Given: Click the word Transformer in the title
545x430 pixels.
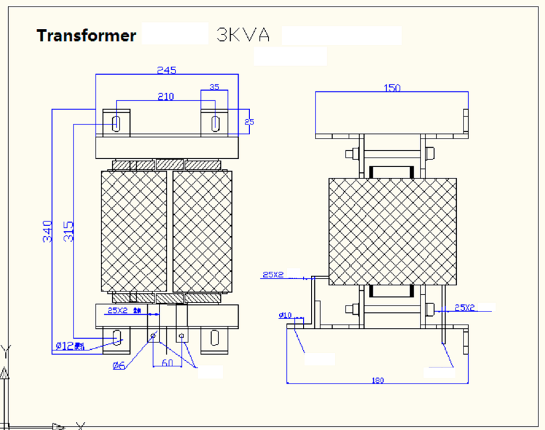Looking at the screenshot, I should pos(86,35).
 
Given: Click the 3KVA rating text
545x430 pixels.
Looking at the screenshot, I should pos(243,35).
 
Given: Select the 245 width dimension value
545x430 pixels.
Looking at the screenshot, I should pos(166,70).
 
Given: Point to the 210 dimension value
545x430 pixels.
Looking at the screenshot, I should pos(166,97).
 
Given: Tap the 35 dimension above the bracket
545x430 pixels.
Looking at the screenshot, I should pos(214,87).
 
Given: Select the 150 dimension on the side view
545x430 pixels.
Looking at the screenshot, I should pos(392,87).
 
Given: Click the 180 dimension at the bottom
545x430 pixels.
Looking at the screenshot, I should pos(377,381).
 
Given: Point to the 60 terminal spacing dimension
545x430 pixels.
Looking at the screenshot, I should pos(167,363).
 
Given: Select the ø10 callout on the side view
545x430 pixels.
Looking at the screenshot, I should pos(285,315).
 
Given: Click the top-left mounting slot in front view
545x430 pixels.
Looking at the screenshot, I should pos(117,123).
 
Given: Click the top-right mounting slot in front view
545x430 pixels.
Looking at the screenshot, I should pos(215,123).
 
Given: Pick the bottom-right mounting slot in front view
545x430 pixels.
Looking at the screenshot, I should pos(215,338).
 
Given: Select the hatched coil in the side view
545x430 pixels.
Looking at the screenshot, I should pos(393,231).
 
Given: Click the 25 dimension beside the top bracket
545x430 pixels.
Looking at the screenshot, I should pos(249,122).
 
